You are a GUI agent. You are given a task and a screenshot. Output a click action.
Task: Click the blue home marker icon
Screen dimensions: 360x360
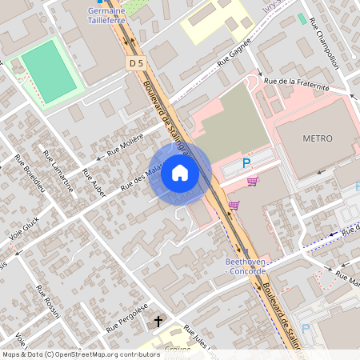[x=180, y=174]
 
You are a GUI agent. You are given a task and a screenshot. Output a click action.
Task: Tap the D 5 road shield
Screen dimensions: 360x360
[x=134, y=62]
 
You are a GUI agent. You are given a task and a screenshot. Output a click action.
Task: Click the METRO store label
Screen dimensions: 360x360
[x=317, y=138]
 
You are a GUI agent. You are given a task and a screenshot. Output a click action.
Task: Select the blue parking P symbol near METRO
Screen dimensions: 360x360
[x=246, y=162]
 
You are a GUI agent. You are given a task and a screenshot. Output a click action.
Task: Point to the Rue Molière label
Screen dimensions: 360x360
[x=119, y=148]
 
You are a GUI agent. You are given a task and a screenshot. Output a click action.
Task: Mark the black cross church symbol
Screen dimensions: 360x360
[x=158, y=322]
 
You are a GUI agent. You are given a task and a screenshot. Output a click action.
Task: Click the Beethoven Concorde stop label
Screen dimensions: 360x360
[x=246, y=266]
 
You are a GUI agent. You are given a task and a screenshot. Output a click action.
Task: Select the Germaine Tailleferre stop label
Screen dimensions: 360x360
[x=109, y=16]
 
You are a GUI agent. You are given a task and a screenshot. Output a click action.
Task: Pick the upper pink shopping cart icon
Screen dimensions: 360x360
[x=253, y=182]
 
